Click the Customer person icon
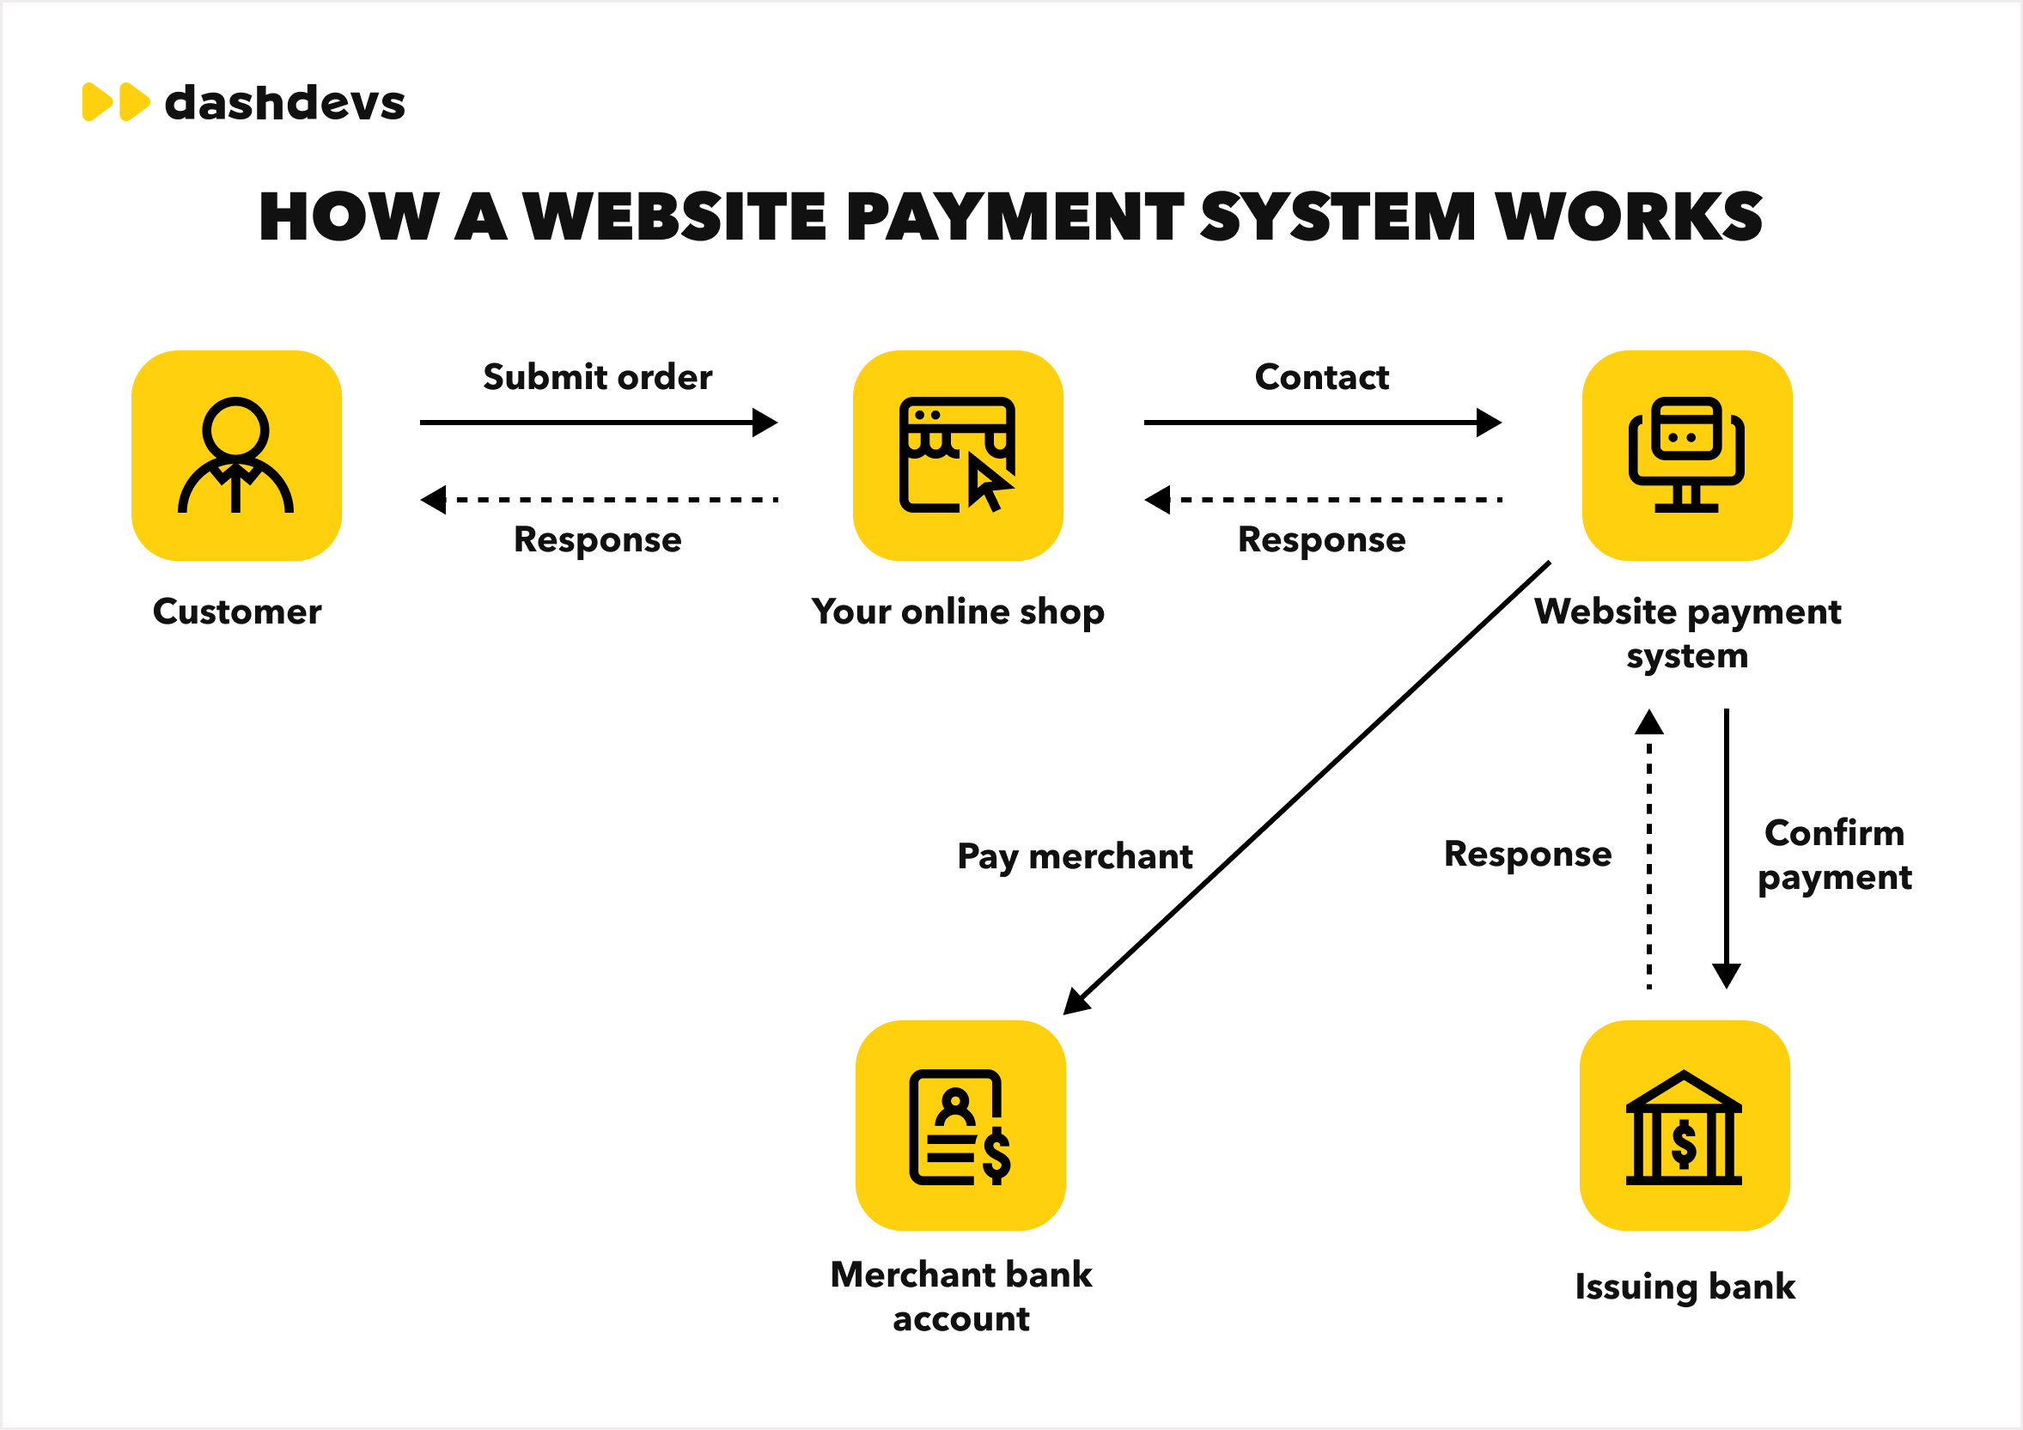[x=236, y=455]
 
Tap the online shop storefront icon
[x=958, y=455]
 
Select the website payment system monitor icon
[x=1686, y=455]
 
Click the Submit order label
[x=597, y=377]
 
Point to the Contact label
[x=1322, y=377]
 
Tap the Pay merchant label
[x=1074, y=856]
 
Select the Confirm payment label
[x=1835, y=855]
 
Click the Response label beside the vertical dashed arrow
[x=1527, y=854]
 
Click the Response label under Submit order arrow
[x=597, y=539]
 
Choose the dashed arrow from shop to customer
[x=599, y=500]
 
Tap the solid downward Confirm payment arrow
[x=1726, y=846]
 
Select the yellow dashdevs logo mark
[x=115, y=102]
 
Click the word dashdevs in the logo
[x=284, y=102]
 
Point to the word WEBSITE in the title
[x=675, y=216]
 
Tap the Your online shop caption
[x=958, y=612]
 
